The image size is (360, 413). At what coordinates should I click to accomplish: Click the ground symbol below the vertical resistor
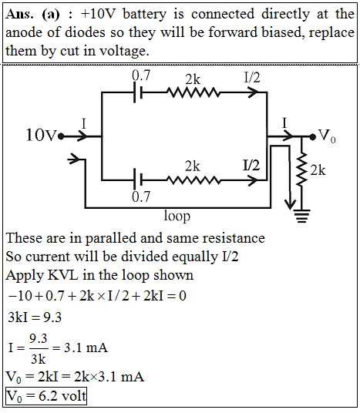tap(301, 216)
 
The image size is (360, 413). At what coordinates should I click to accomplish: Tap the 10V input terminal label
tap(41, 136)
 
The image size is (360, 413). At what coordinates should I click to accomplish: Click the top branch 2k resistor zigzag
tap(193, 92)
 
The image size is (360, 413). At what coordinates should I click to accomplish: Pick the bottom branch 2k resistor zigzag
tap(193, 180)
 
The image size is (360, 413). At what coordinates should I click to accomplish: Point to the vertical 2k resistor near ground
tap(301, 169)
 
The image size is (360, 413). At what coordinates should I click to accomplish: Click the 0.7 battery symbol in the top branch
tap(138, 92)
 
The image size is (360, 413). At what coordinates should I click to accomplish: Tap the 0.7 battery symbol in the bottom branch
tap(138, 180)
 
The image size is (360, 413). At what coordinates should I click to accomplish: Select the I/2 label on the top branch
tap(251, 77)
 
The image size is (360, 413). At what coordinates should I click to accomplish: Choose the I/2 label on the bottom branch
tap(251, 165)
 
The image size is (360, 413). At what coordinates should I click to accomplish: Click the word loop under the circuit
tap(177, 217)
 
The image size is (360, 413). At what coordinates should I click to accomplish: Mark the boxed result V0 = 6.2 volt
tap(46, 396)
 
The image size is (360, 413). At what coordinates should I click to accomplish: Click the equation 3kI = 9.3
tap(35, 317)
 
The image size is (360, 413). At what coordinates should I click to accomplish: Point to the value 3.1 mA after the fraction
tap(86, 348)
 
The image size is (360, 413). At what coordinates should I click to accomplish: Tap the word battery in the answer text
tap(144, 14)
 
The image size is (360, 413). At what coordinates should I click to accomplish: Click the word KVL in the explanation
tap(62, 275)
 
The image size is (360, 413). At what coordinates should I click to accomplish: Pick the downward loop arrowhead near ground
tap(291, 204)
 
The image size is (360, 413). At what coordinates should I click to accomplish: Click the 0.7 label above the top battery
tap(141, 76)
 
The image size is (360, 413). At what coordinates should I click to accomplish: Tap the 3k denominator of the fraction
tap(39, 359)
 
